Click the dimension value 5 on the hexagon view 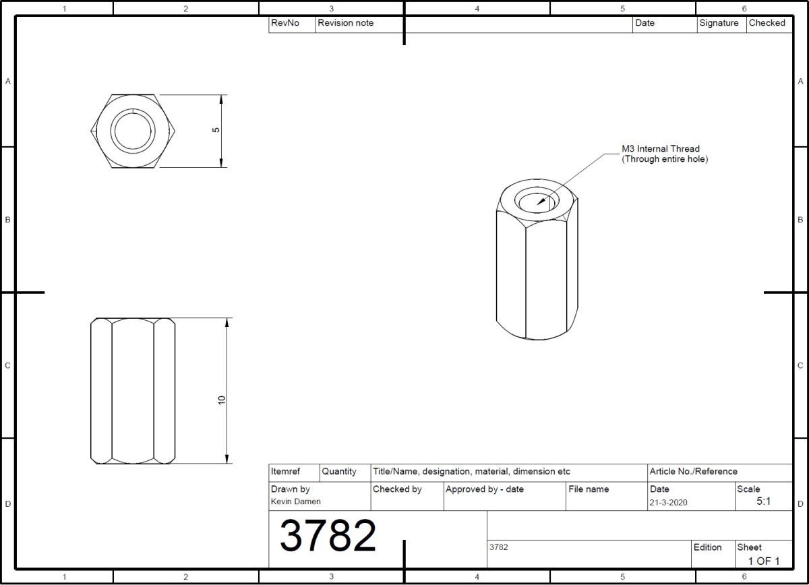pos(216,130)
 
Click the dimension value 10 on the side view pos(221,400)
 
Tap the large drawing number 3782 pos(328,536)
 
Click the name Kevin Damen pos(296,502)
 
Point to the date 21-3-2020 pos(669,502)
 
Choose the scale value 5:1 pos(763,501)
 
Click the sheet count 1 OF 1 pos(763,561)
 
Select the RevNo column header pos(284,23)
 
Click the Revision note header pos(345,23)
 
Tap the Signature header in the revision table pos(719,23)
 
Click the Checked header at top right pos(767,23)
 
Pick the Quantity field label pos(339,472)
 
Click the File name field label pos(589,489)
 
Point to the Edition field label pos(707,547)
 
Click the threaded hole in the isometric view pos(537,200)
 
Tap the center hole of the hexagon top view pos(133,130)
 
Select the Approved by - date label pos(484,489)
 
